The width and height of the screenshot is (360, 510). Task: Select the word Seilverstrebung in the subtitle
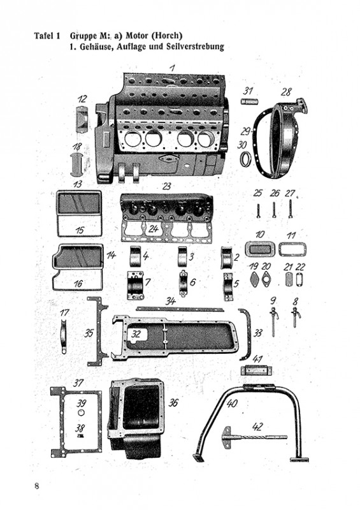[195, 47]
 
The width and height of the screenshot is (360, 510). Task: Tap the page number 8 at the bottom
[37, 486]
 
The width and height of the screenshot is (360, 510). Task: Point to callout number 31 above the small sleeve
[248, 91]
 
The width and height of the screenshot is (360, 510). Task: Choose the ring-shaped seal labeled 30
[247, 159]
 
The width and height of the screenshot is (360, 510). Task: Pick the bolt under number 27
[290, 209]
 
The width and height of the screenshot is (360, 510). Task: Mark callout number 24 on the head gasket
[154, 229]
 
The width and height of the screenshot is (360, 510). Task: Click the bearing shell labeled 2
[227, 258]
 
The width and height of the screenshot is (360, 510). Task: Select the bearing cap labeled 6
[184, 283]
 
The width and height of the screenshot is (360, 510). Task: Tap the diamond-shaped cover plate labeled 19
[254, 280]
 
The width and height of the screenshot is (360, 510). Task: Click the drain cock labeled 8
[296, 316]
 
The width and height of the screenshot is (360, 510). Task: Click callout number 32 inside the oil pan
[136, 333]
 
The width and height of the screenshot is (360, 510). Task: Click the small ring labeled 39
[81, 412]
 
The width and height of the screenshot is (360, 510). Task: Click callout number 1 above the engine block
[173, 68]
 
